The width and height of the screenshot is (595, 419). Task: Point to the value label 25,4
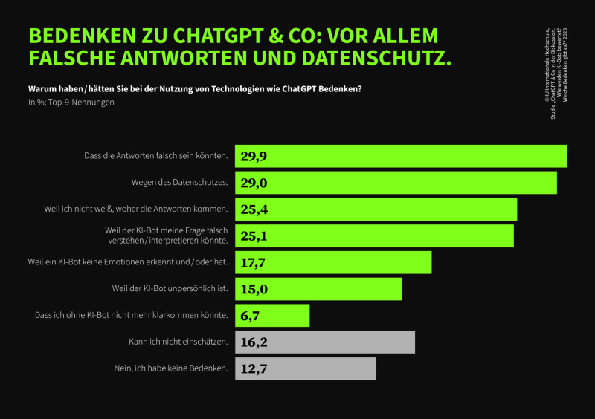point(254,209)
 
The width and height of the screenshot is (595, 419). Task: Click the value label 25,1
point(254,236)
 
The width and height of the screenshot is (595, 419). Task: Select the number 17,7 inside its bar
point(254,262)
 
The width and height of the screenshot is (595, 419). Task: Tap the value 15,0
point(254,289)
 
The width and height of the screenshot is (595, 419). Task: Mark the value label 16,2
point(254,342)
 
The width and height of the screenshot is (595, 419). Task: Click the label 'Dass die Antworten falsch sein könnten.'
point(156,156)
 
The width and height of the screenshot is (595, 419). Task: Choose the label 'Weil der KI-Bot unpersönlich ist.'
point(170,288)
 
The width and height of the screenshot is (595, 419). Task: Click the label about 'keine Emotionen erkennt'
point(127,262)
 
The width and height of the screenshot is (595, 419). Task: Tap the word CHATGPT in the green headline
point(220,36)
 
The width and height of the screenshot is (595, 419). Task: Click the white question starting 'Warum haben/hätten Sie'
point(195,89)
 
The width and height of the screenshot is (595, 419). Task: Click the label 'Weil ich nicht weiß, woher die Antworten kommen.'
point(136,209)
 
